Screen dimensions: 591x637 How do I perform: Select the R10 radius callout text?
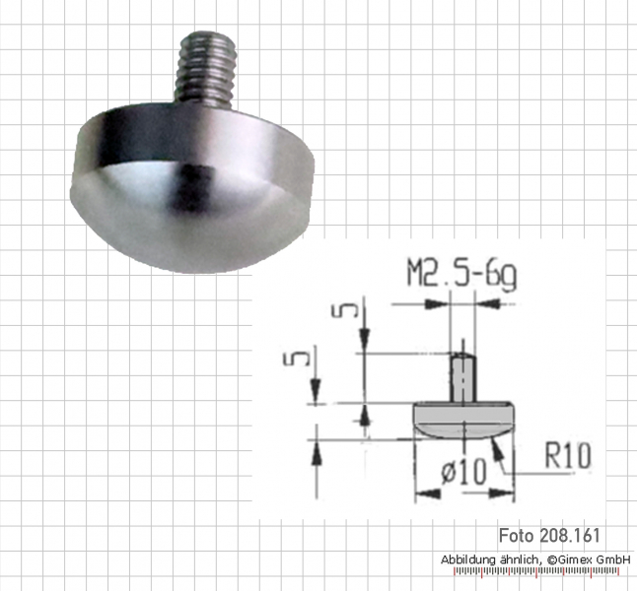[566, 455]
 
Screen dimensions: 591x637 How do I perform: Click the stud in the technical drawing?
[460, 376]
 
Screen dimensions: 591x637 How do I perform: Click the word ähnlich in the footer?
[520, 559]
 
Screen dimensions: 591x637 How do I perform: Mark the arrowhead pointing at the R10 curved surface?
[502, 448]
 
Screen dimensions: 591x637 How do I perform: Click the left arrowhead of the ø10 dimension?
[420, 491]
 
